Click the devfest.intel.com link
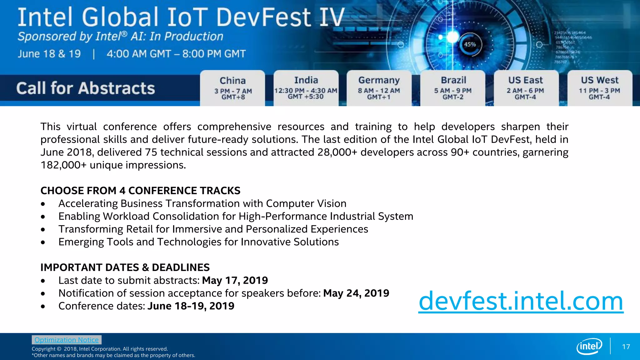tap(521, 301)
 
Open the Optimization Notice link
tap(67, 340)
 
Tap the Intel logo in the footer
tap(589, 346)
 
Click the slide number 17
tap(626, 347)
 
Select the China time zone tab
tap(233, 88)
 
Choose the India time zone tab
tap(306, 88)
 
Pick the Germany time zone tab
tap(379, 88)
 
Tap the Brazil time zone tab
tap(453, 88)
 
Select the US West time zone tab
tap(599, 88)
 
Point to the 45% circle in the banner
tap(470, 45)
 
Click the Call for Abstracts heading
tap(86, 88)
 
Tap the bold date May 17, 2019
tap(235, 280)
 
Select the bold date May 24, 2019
tap(356, 293)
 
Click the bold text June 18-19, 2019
tap(191, 306)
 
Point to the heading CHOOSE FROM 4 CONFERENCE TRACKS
tap(140, 191)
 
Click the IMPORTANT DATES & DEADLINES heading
tap(125, 267)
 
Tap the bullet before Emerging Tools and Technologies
tap(43, 242)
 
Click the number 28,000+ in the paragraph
tap(337, 152)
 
